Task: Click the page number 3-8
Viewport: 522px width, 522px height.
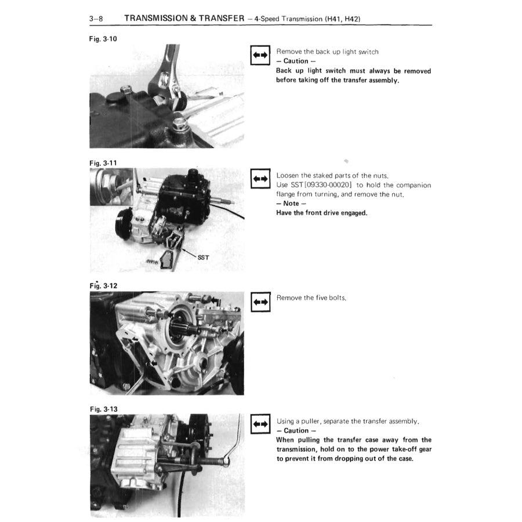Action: tap(96, 19)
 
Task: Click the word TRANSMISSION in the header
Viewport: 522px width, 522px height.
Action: tap(156, 18)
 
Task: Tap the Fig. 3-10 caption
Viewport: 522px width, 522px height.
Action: tap(103, 39)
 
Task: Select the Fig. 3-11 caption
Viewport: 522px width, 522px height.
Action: tap(103, 163)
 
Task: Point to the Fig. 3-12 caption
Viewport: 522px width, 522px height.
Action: tap(104, 285)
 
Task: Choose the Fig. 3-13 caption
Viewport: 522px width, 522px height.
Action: tap(104, 409)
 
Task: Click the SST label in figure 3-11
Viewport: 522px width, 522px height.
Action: tap(204, 258)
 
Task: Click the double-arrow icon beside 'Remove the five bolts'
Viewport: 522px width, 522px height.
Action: tap(260, 302)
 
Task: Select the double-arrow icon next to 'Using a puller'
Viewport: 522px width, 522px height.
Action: tap(260, 424)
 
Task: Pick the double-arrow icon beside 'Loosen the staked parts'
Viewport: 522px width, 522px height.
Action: tap(260, 179)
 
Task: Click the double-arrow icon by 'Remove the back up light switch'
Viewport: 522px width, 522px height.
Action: tap(260, 55)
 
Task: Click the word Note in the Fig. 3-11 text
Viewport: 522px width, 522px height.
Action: tap(291, 204)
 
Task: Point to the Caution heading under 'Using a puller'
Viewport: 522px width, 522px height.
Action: tap(296, 430)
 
